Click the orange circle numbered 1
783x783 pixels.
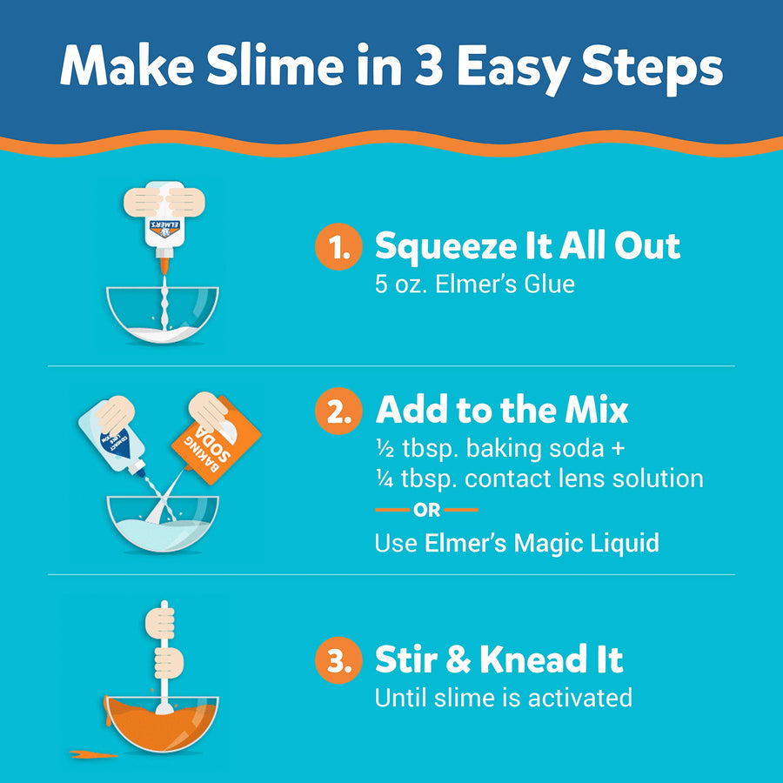pyautogui.click(x=338, y=247)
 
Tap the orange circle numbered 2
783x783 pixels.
pyautogui.click(x=338, y=412)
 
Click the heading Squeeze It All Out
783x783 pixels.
pyautogui.click(x=527, y=247)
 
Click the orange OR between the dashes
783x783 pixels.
pyautogui.click(x=426, y=511)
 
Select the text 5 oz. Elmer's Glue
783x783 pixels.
pyautogui.click(x=474, y=284)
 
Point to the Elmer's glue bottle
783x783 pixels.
pyautogui.click(x=161, y=217)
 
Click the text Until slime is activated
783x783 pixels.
pyautogui.click(x=503, y=698)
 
